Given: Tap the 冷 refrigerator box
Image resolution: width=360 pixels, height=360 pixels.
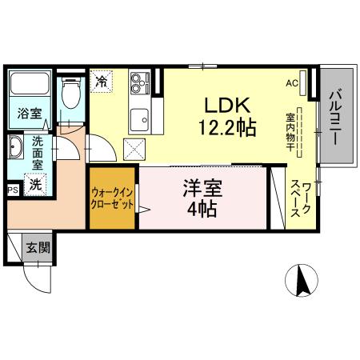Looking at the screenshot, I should (102, 80).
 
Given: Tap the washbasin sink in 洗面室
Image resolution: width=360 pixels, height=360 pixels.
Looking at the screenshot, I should (17, 148).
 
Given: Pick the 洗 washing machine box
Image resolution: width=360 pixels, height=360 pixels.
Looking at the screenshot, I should (35, 184).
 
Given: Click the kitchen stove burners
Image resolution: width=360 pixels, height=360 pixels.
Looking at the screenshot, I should (141, 82).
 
